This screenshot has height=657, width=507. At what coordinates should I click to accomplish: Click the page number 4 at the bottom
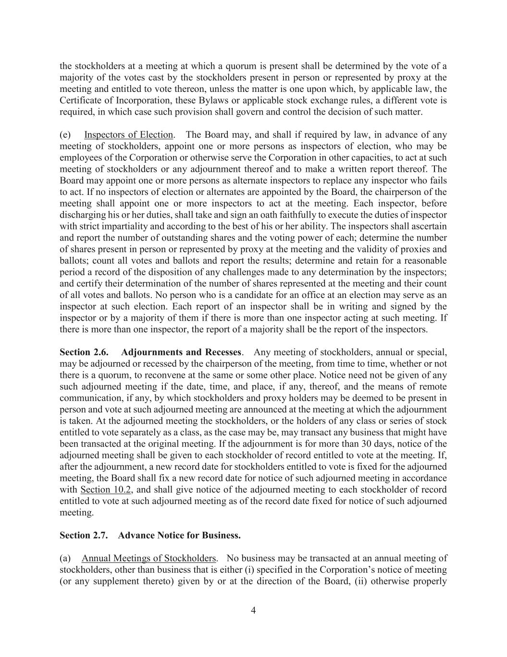(253, 611)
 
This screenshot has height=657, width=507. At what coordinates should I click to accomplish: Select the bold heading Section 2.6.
(83, 352)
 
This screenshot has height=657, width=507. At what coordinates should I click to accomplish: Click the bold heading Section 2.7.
(83, 535)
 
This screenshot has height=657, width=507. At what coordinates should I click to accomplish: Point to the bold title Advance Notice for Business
(179, 535)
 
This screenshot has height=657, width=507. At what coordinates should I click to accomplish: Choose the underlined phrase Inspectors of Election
(128, 135)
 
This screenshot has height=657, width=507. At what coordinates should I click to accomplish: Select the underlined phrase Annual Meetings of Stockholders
(148, 558)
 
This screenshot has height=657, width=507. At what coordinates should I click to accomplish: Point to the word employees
(79, 158)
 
